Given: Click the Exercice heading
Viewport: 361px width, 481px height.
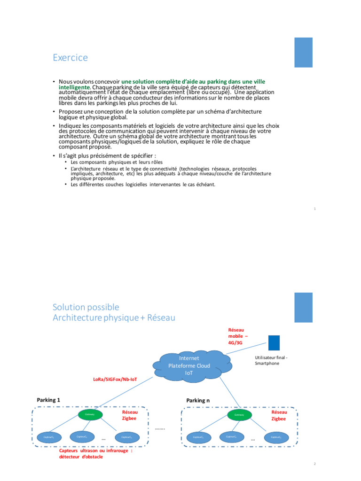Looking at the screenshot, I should pos(70,58).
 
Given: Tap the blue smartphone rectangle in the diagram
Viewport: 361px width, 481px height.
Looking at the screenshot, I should pos(274,342).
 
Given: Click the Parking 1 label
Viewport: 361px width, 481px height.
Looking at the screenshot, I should pos(48,400).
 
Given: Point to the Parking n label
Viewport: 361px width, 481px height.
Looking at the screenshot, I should pos(198,400).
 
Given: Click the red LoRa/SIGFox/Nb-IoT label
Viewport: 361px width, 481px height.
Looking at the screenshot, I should pos(115,379).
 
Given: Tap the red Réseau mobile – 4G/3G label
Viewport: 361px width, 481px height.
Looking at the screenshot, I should pos(238,336).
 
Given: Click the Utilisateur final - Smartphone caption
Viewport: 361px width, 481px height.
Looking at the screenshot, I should pos(271,360).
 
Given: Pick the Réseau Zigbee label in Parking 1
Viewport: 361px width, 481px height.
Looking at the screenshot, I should pos(130,414).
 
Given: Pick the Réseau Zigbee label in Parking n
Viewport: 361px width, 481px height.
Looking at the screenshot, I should pos(279,414).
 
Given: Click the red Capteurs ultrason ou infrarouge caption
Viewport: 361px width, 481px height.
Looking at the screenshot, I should pos(95,453).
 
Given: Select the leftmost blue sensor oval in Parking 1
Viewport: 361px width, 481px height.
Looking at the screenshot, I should pos(49,437).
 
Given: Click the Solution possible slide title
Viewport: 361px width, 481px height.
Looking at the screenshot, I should pos(86,307).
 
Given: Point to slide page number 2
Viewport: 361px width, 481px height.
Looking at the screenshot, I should pos(314,464).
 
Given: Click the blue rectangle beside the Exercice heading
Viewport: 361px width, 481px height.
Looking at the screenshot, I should pos(303,52).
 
